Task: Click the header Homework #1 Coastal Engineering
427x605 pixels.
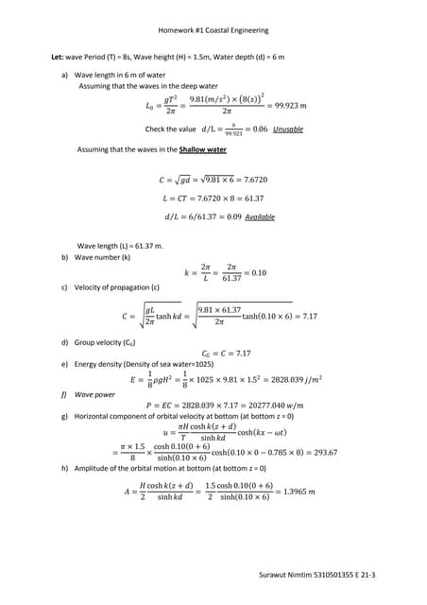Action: [x=213, y=31]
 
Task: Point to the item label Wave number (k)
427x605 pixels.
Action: [x=101, y=256]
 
